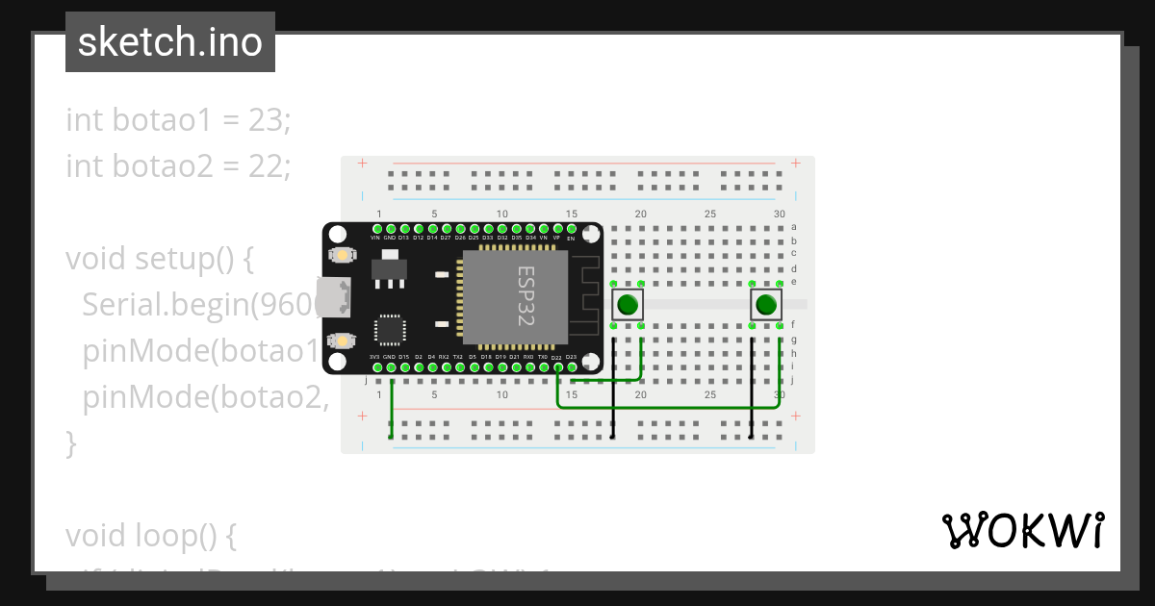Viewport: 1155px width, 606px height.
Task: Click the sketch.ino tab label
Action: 170,43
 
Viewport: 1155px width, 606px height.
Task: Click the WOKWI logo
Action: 1022,531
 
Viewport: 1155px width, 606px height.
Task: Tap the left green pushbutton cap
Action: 628,306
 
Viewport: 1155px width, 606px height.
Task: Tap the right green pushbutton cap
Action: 766,306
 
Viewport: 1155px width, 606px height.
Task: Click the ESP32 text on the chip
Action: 526,296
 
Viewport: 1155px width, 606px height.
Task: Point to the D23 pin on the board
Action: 571,366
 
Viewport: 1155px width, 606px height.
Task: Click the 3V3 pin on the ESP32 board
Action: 375,366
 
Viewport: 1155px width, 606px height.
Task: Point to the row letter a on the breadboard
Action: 793,227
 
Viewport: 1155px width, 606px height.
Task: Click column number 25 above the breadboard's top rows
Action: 709,214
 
